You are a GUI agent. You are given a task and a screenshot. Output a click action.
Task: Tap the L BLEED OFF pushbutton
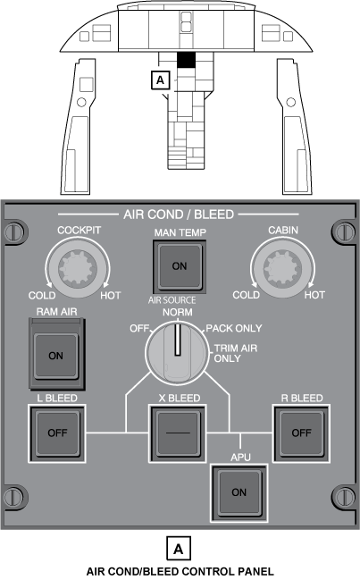click(x=57, y=433)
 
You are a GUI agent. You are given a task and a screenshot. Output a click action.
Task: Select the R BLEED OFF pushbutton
click(x=301, y=433)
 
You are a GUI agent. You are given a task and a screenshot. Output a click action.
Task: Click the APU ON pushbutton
click(x=239, y=492)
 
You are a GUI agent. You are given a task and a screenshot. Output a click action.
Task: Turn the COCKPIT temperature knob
click(x=78, y=268)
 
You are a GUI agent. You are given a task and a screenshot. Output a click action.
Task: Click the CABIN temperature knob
click(x=283, y=268)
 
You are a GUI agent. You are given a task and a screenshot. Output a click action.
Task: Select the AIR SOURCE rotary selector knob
click(x=178, y=352)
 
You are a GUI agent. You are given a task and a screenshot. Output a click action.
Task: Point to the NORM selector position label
click(x=178, y=312)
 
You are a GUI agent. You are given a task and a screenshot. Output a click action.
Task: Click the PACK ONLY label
click(x=234, y=328)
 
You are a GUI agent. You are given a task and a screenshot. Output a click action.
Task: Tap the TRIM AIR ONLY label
click(x=236, y=353)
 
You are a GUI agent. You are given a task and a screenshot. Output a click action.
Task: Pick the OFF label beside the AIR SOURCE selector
click(x=139, y=329)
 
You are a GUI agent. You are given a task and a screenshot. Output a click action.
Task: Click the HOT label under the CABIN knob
click(x=314, y=295)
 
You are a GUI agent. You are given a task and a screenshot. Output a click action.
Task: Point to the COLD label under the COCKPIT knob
click(x=42, y=296)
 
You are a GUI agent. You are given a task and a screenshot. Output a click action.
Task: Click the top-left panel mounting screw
click(x=15, y=232)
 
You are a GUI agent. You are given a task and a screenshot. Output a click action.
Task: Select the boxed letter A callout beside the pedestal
click(x=161, y=80)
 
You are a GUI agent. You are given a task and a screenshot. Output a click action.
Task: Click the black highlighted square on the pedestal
click(x=186, y=60)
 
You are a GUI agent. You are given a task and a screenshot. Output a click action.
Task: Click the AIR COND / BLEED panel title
click(x=179, y=214)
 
